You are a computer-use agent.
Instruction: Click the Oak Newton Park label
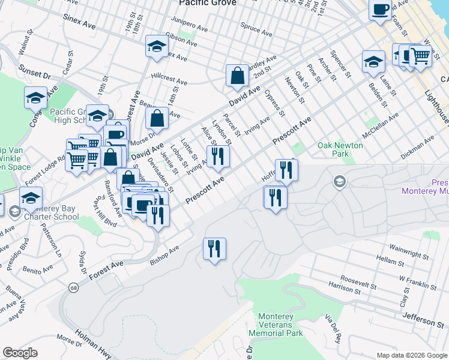pos(340,149)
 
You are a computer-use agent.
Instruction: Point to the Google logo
pos(20,353)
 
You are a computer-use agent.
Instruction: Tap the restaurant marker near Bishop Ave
pos(214,249)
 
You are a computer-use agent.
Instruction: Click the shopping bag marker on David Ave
pos(238,76)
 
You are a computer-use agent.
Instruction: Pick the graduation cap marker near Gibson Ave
pos(157,47)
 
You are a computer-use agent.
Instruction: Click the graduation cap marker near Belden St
pos(373,62)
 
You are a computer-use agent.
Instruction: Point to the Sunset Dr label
pos(34,71)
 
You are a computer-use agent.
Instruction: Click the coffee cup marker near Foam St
pos(381,10)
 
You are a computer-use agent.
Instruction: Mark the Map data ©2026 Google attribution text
pos(411,355)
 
